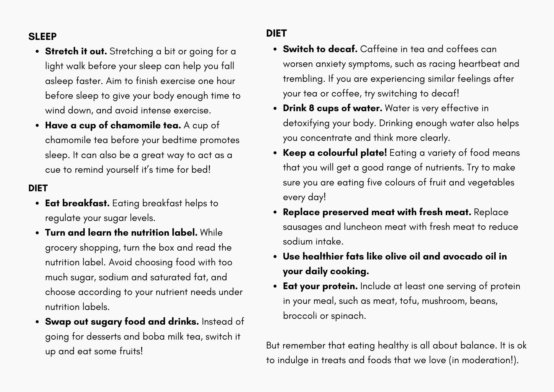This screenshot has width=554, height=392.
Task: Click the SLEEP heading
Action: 42,37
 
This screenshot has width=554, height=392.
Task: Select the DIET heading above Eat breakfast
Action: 38,188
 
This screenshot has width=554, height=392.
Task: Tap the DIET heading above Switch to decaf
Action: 276,33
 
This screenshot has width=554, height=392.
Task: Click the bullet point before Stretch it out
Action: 37,52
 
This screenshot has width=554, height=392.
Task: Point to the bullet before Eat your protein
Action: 275,287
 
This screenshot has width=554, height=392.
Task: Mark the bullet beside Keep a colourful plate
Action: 275,153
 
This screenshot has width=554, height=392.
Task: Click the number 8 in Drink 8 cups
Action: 311,108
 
